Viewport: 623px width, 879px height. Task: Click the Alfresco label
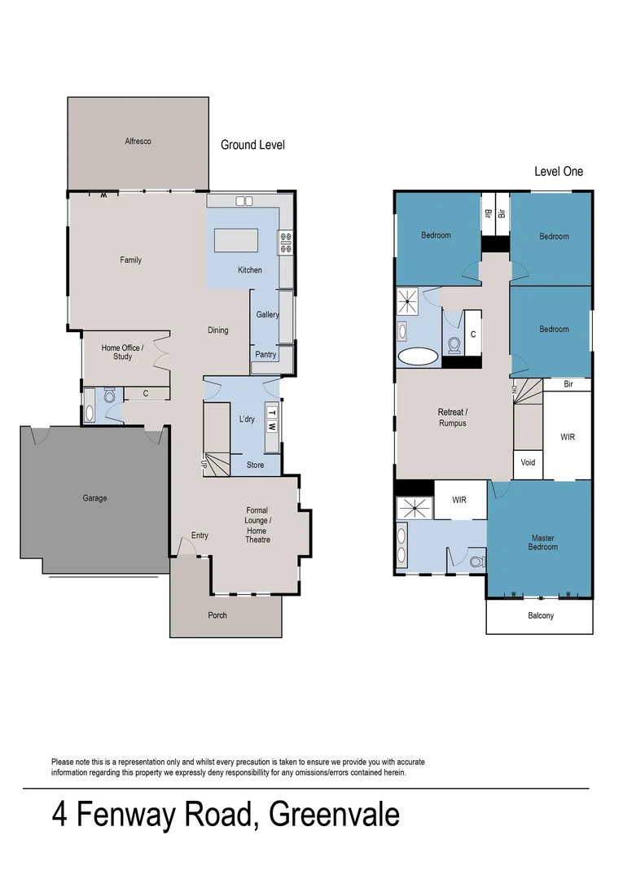coord(138,142)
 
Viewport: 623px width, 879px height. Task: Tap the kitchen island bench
coord(236,240)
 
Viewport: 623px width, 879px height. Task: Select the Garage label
coord(94,498)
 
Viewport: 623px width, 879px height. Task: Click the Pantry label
coord(265,355)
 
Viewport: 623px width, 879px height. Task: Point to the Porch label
coord(217,615)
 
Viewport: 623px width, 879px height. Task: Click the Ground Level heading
coord(252,145)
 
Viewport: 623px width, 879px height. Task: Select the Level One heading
coord(558,172)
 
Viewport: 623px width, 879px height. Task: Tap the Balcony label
coord(540,615)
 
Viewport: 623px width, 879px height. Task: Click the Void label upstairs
coord(528,462)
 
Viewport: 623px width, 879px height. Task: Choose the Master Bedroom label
coord(543,542)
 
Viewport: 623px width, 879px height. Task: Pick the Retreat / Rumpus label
coord(453,418)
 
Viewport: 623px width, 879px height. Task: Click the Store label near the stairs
coord(255,466)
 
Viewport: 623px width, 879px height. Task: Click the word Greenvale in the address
coord(334,815)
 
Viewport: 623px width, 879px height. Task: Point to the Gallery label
coord(268,315)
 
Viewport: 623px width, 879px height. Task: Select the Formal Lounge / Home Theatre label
coord(257,525)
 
